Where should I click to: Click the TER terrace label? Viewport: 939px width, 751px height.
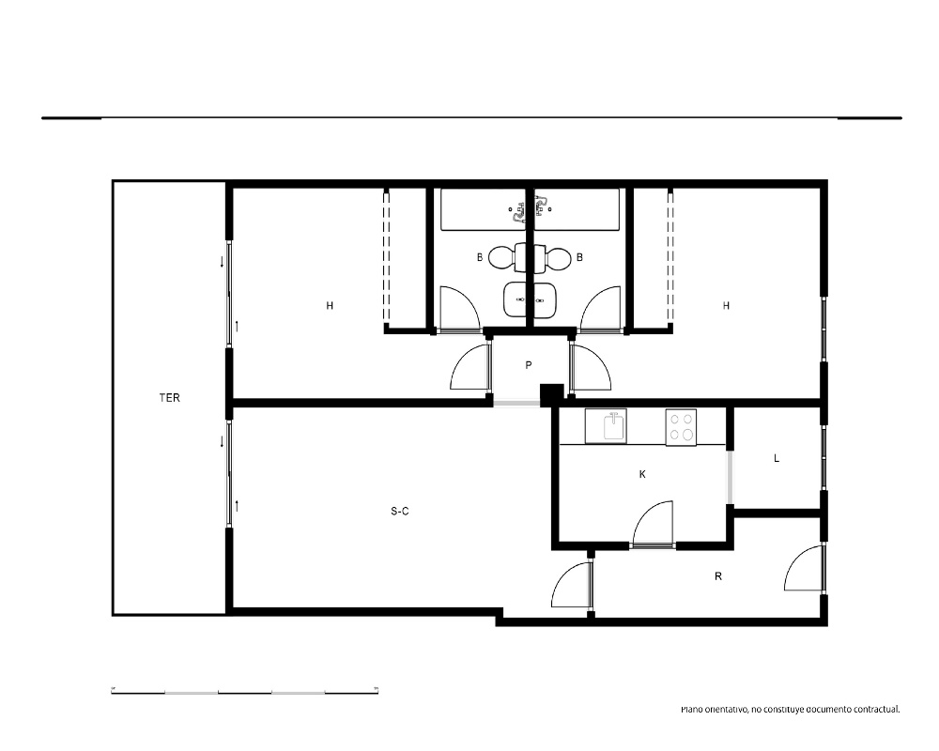169,398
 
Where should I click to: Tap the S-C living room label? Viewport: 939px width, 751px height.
399,512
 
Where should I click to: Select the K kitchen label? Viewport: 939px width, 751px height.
642,474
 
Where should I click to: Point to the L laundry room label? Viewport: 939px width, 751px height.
777,459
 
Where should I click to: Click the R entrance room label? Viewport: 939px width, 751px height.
718,576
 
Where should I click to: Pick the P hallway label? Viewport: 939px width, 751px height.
528,365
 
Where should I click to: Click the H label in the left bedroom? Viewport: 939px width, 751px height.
330,306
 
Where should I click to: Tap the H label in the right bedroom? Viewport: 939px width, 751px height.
726,306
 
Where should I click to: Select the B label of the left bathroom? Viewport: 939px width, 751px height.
480,257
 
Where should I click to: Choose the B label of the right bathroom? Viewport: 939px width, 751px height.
579,257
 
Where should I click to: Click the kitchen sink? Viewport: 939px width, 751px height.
606,426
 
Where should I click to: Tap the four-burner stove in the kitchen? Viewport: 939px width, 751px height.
681,428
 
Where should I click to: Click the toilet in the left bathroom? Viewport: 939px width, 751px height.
507,258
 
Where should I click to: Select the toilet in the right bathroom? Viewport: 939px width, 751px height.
552,258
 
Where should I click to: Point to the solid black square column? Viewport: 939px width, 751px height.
552,395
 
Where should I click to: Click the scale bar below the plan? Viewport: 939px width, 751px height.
244,692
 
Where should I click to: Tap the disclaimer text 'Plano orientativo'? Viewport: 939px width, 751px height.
714,710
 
